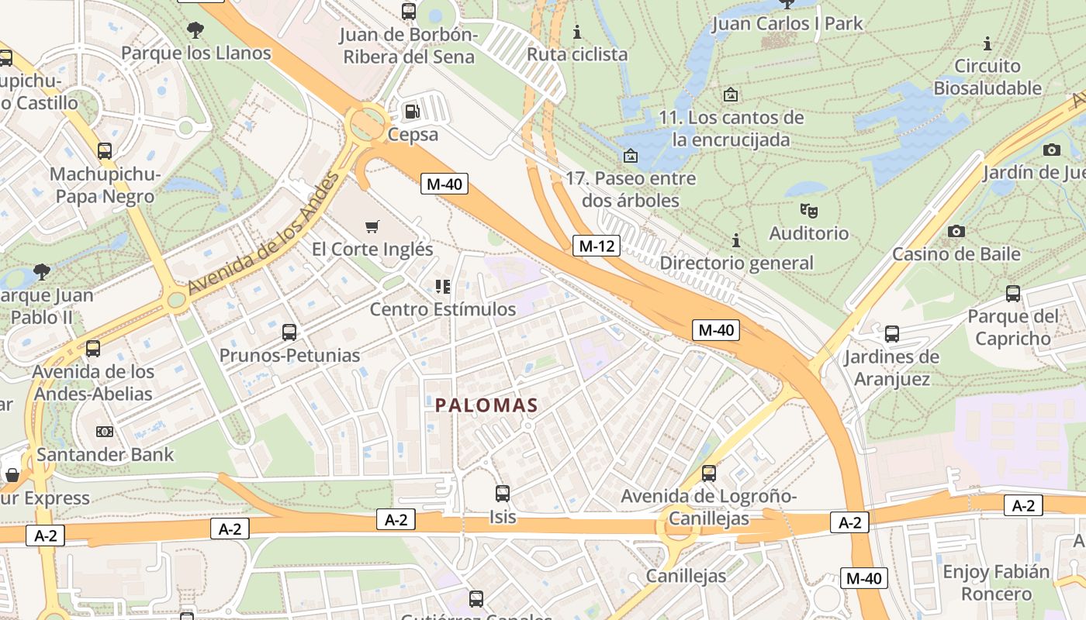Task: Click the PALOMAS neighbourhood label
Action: (486, 405)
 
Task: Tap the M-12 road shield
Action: (597, 246)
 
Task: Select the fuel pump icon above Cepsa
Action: (413, 112)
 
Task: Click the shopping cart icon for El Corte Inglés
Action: (372, 226)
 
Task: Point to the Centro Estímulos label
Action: (442, 309)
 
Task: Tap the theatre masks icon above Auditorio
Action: (809, 210)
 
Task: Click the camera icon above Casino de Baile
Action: (956, 231)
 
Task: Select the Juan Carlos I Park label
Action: (787, 24)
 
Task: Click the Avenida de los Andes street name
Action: (265, 232)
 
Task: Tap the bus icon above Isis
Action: (503, 493)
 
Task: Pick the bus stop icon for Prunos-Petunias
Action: (289, 332)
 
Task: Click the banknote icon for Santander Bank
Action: (105, 432)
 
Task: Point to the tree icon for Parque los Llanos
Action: (195, 30)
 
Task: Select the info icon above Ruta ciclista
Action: (576, 32)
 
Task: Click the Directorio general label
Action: (736, 263)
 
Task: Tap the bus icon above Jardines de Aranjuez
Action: (892, 334)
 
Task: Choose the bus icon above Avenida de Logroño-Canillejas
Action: (708, 473)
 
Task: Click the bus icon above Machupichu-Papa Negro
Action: (105, 151)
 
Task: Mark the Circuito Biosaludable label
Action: (987, 77)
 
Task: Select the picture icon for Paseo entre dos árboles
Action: (631, 156)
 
